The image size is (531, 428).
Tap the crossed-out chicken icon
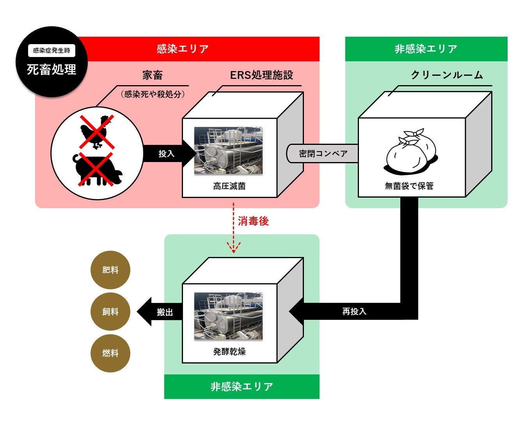(96, 132)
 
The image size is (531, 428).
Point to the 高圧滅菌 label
(229, 186)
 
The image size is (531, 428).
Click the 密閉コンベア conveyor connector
(323, 153)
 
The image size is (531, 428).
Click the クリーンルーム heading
(447, 75)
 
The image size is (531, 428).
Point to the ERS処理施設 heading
(261, 75)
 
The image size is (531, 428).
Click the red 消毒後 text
(253, 221)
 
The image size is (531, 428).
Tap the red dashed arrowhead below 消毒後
(234, 248)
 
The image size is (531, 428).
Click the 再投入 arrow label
(354, 312)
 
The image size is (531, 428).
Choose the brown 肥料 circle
(110, 270)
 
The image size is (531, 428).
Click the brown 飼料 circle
(110, 312)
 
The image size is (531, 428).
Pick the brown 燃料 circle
(110, 353)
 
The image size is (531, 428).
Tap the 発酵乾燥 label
(229, 352)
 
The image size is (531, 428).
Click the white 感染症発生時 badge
(52, 51)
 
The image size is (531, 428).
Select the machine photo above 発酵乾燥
(228, 316)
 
